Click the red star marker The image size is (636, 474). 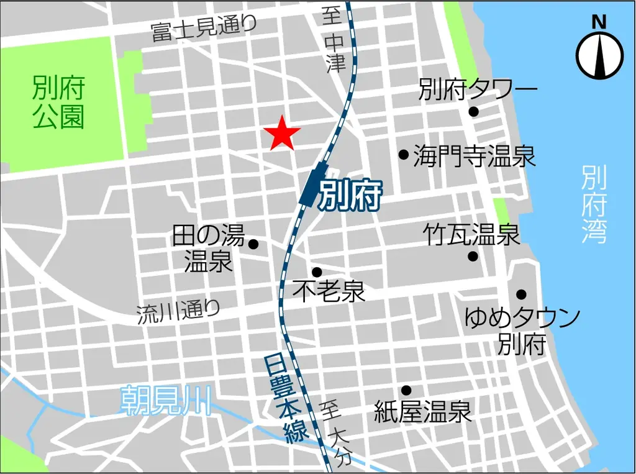tap(282, 133)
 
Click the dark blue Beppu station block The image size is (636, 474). tap(316, 184)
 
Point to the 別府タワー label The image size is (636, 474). tap(478, 89)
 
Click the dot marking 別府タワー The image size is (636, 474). tap(473, 112)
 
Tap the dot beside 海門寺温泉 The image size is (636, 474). tap(403, 154)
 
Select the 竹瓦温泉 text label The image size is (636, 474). tap(471, 234)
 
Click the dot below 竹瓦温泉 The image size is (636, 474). tap(473, 256)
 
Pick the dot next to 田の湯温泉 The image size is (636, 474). tap(253, 244)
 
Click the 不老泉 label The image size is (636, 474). tap(329, 291)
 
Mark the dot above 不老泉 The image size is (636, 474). tap(317, 271)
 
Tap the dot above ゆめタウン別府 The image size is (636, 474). tap(521, 294)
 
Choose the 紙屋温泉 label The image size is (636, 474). tap(423, 411)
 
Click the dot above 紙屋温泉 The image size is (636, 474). tap(406, 390)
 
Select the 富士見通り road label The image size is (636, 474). tap(204, 29)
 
